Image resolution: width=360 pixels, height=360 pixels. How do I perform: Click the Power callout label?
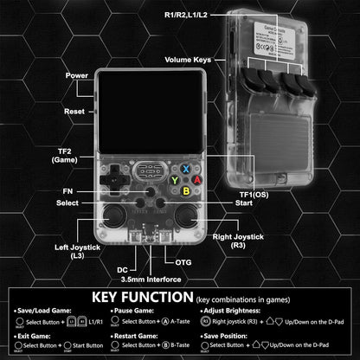[76, 76]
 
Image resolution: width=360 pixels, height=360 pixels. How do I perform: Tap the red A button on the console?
[196, 180]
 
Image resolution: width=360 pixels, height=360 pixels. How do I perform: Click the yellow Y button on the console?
[174, 180]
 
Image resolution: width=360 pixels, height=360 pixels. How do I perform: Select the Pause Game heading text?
[133, 309]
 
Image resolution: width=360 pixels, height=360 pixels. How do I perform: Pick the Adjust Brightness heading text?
[235, 309]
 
